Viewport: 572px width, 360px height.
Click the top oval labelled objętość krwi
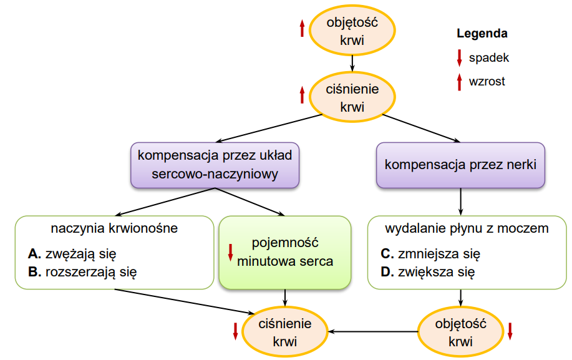(352, 31)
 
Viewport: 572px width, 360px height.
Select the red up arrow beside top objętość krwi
(302, 28)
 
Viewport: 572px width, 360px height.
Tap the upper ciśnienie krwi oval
(352, 97)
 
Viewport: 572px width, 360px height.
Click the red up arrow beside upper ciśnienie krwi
(302, 95)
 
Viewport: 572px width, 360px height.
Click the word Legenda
(482, 34)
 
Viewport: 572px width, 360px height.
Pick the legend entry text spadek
(489, 57)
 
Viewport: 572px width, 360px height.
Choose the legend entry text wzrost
(487, 81)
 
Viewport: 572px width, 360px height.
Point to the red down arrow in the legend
(459, 58)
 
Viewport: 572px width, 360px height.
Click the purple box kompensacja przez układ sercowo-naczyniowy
(215, 165)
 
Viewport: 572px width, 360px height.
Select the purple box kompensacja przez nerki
(460, 165)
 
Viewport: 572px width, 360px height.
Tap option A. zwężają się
(72, 254)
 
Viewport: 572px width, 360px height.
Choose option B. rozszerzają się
(82, 272)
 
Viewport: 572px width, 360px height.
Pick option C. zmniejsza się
(430, 254)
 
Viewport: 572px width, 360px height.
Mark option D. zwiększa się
(428, 272)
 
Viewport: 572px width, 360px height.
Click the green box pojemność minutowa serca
(285, 253)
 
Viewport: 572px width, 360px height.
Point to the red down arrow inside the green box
(231, 253)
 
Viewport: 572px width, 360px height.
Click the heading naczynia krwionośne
(114, 228)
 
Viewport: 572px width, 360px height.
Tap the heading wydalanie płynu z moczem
(467, 228)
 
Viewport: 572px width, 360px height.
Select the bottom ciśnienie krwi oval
(285, 331)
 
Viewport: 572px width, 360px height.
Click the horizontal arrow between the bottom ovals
(373, 331)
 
